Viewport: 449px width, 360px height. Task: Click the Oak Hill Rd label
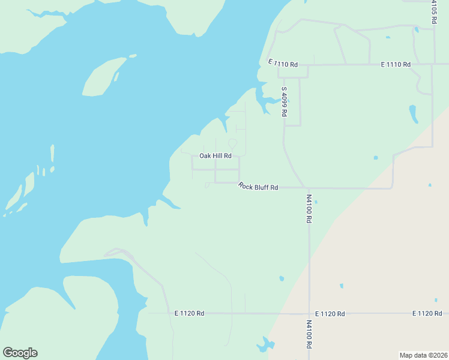(215, 156)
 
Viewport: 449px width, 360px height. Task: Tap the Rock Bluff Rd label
(258, 187)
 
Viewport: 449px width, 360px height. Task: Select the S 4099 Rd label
(285, 101)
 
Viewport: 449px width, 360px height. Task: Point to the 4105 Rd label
(433, 11)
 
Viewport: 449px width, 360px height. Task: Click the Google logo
(20, 353)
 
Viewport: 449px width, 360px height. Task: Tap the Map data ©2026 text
(423, 355)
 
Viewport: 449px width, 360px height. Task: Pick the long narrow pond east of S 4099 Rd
(413, 113)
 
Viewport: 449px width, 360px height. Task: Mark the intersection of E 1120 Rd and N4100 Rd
(309, 313)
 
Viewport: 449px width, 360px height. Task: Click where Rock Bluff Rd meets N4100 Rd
(306, 188)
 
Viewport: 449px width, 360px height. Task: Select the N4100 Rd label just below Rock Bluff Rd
(309, 208)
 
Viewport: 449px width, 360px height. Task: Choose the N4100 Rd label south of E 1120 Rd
(309, 334)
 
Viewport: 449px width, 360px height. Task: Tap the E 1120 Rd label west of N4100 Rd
(190, 313)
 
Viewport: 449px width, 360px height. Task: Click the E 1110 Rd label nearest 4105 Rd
(396, 64)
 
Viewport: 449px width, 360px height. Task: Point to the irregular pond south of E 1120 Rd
(264, 345)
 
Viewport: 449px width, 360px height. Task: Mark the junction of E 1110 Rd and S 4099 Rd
(278, 65)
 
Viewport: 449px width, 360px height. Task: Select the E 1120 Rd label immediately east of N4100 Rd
(330, 314)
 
